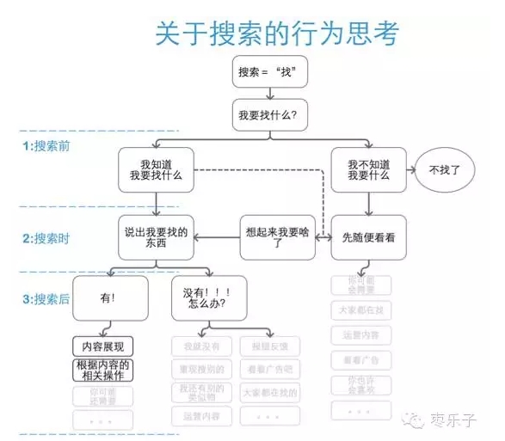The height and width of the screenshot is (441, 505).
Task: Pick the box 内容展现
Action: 103,346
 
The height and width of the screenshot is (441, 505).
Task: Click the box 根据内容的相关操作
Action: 103,370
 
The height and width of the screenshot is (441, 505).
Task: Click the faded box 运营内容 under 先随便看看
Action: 361,334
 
